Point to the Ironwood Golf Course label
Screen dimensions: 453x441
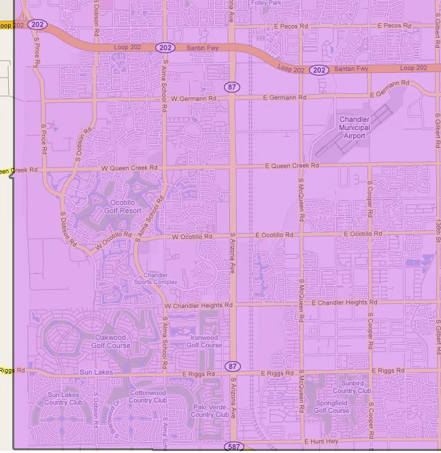click(x=203, y=341)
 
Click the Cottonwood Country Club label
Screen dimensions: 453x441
click(x=148, y=396)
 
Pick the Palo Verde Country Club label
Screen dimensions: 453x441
click(x=210, y=411)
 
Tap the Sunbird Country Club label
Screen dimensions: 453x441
click(x=352, y=388)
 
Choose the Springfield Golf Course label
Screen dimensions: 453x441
click(x=332, y=407)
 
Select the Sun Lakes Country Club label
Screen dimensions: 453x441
click(x=63, y=399)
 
